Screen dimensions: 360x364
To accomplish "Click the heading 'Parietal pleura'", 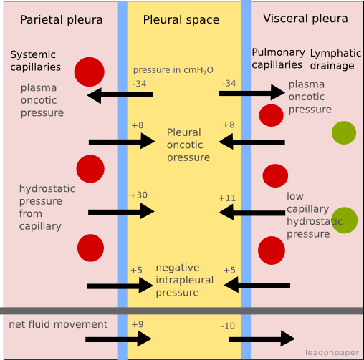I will (x=61, y=19).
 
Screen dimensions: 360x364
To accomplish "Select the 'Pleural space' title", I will (x=181, y=19).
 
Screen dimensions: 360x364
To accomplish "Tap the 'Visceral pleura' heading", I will (x=305, y=19).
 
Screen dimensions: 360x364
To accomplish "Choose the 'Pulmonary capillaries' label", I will (x=278, y=59).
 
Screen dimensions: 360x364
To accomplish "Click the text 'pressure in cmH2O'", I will (x=173, y=70).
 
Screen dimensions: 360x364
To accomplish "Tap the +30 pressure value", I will (x=138, y=195).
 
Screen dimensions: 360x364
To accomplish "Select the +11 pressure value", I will (x=226, y=198).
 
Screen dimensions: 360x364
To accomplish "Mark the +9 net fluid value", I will (x=137, y=324).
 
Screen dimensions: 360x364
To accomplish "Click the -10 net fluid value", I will (x=228, y=326).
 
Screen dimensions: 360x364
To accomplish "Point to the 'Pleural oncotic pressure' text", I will (x=188, y=145).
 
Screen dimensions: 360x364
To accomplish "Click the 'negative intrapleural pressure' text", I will (x=184, y=280).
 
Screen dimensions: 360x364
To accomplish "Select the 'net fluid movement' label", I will (x=58, y=324).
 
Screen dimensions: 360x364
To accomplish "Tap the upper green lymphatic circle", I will (x=343, y=133).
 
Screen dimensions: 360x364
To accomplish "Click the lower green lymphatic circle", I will (x=344, y=220).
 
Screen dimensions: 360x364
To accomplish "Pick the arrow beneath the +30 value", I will (x=121, y=211).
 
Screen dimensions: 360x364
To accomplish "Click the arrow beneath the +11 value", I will (x=252, y=212).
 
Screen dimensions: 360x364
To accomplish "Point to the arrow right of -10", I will (x=262, y=339).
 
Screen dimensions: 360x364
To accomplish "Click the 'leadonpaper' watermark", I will (x=332, y=352).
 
